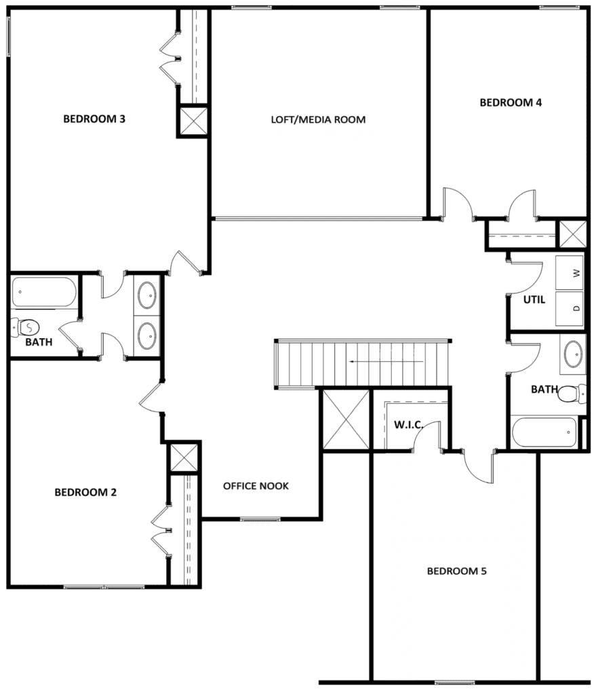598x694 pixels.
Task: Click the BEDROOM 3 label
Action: tap(94, 119)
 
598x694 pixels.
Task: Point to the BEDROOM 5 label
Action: tap(456, 571)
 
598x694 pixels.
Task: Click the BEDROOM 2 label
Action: tap(85, 492)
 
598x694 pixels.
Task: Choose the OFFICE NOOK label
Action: tap(256, 486)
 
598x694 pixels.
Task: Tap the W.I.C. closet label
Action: tap(408, 425)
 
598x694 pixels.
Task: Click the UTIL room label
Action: tap(535, 300)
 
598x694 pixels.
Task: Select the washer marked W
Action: tap(570, 273)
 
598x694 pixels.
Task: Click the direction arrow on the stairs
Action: tap(386, 362)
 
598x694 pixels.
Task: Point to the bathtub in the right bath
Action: tap(544, 432)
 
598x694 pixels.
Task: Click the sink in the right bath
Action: tap(573, 353)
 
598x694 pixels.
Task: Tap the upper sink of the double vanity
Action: tap(146, 295)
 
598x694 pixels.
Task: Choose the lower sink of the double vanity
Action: tap(146, 333)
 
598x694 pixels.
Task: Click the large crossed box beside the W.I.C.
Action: tap(346, 419)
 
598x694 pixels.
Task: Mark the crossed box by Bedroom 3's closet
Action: tap(193, 121)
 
